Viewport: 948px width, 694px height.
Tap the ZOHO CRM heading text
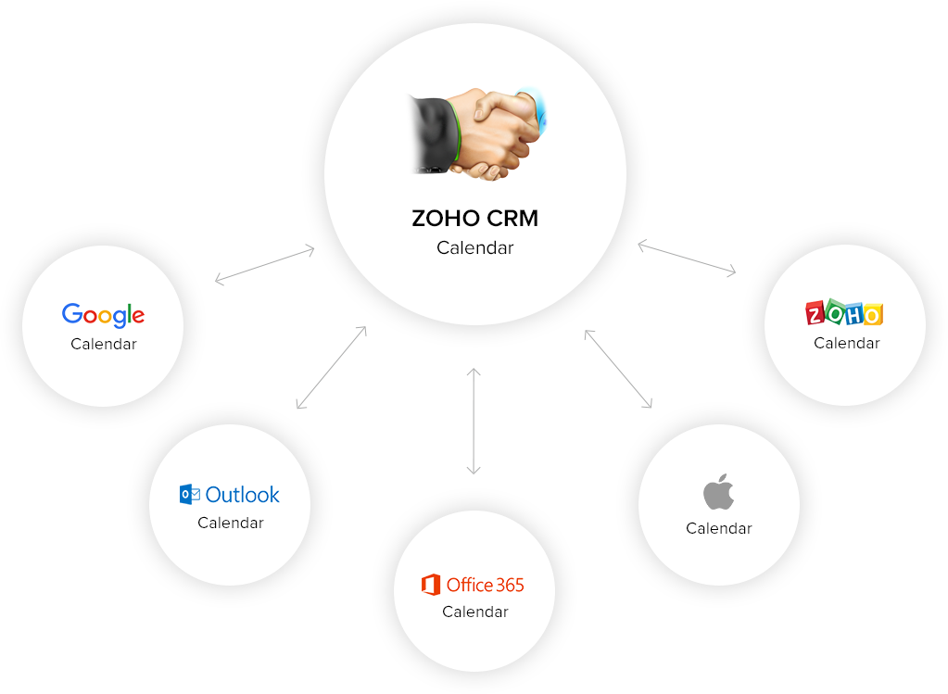pyautogui.click(x=474, y=219)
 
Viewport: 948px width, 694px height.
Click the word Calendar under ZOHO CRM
pyautogui.click(x=474, y=247)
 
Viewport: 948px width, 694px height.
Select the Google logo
pyautogui.click(x=103, y=315)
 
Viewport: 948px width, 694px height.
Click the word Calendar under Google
pyautogui.click(x=103, y=344)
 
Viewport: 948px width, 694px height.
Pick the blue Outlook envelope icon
pyautogui.click(x=190, y=495)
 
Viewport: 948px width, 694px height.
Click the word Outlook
pyautogui.click(x=243, y=495)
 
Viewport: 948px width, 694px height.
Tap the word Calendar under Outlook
pyautogui.click(x=230, y=523)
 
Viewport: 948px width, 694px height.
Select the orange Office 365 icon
pyautogui.click(x=430, y=585)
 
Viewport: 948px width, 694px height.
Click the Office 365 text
pyautogui.click(x=485, y=585)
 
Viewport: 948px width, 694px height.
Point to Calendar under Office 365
pyautogui.click(x=474, y=612)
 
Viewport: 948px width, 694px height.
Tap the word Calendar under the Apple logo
pyautogui.click(x=718, y=528)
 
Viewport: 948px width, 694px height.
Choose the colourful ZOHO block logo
pyautogui.click(x=844, y=313)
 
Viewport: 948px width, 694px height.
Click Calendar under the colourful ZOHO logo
pyautogui.click(x=846, y=343)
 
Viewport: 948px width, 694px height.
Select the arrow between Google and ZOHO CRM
pyautogui.click(x=265, y=263)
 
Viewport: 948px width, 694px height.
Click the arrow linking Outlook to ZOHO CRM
pyautogui.click(x=331, y=367)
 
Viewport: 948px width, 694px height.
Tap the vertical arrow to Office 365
pyautogui.click(x=474, y=422)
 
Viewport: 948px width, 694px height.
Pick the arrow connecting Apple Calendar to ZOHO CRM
pyautogui.click(x=618, y=369)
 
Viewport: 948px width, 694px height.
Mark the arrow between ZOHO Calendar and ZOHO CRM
pyautogui.click(x=687, y=259)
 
